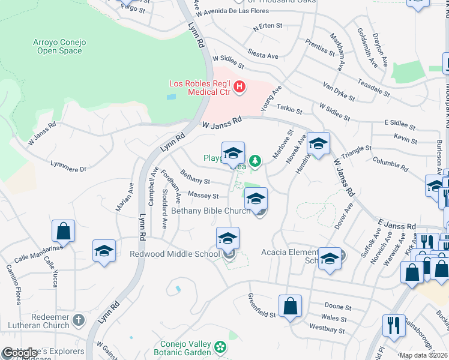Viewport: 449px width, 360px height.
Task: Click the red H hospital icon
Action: coord(240,88)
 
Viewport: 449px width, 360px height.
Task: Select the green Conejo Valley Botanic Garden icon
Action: coord(220,346)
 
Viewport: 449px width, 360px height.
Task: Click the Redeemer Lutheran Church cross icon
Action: coord(79,321)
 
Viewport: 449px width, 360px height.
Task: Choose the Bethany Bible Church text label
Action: coord(211,211)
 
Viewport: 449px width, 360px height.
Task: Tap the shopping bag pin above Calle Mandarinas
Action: coord(63,231)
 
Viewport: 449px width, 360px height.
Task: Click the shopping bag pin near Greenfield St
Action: coord(291,306)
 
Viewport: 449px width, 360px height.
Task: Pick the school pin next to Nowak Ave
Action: coord(319,144)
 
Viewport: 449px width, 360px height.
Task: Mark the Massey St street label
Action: coord(203,195)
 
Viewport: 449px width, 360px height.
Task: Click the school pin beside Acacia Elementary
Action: coord(330,259)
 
